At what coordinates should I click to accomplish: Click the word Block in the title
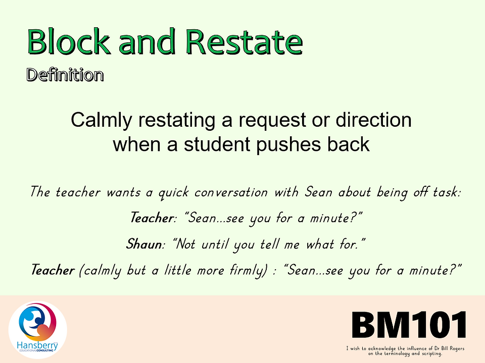point(69,41)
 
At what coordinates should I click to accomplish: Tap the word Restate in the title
point(244,41)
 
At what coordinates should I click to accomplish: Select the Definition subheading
point(65,75)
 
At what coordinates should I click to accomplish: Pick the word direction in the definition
point(373,120)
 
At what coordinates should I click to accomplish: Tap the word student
point(217,144)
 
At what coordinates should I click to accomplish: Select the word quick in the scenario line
point(173,193)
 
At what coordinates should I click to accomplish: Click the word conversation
point(231,193)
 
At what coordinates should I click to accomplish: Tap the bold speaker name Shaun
point(144,244)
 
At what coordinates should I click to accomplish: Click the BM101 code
point(409,325)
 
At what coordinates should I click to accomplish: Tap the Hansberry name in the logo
point(37,345)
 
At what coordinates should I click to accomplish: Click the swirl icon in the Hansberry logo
point(37,322)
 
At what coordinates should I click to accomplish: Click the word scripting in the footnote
point(430,353)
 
